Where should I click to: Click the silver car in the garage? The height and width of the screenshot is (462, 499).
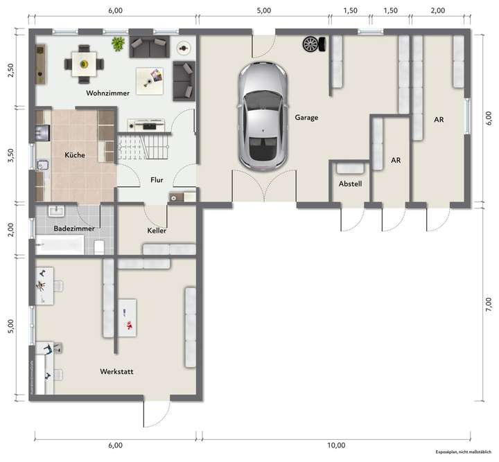pyautogui.click(x=262, y=116)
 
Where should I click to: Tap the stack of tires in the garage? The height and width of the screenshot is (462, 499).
pyautogui.click(x=311, y=44)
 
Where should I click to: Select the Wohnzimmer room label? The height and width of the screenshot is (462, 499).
pyautogui.click(x=107, y=93)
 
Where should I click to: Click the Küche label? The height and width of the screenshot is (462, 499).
pyautogui.click(x=75, y=155)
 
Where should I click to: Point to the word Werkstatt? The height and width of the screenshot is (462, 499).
pyautogui.click(x=116, y=372)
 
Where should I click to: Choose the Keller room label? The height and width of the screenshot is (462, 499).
pyautogui.click(x=157, y=230)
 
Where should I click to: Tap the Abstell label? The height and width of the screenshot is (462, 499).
pyautogui.click(x=351, y=184)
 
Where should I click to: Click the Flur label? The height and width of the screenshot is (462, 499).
pyautogui.click(x=157, y=180)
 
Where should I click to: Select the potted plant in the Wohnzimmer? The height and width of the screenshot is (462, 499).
pyautogui.click(x=119, y=44)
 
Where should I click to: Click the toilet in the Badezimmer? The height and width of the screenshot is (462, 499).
pyautogui.click(x=100, y=246)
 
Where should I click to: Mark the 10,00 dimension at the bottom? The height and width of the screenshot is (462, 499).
pyautogui.click(x=336, y=445)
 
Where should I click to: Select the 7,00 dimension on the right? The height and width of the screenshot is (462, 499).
pyautogui.click(x=489, y=303)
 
